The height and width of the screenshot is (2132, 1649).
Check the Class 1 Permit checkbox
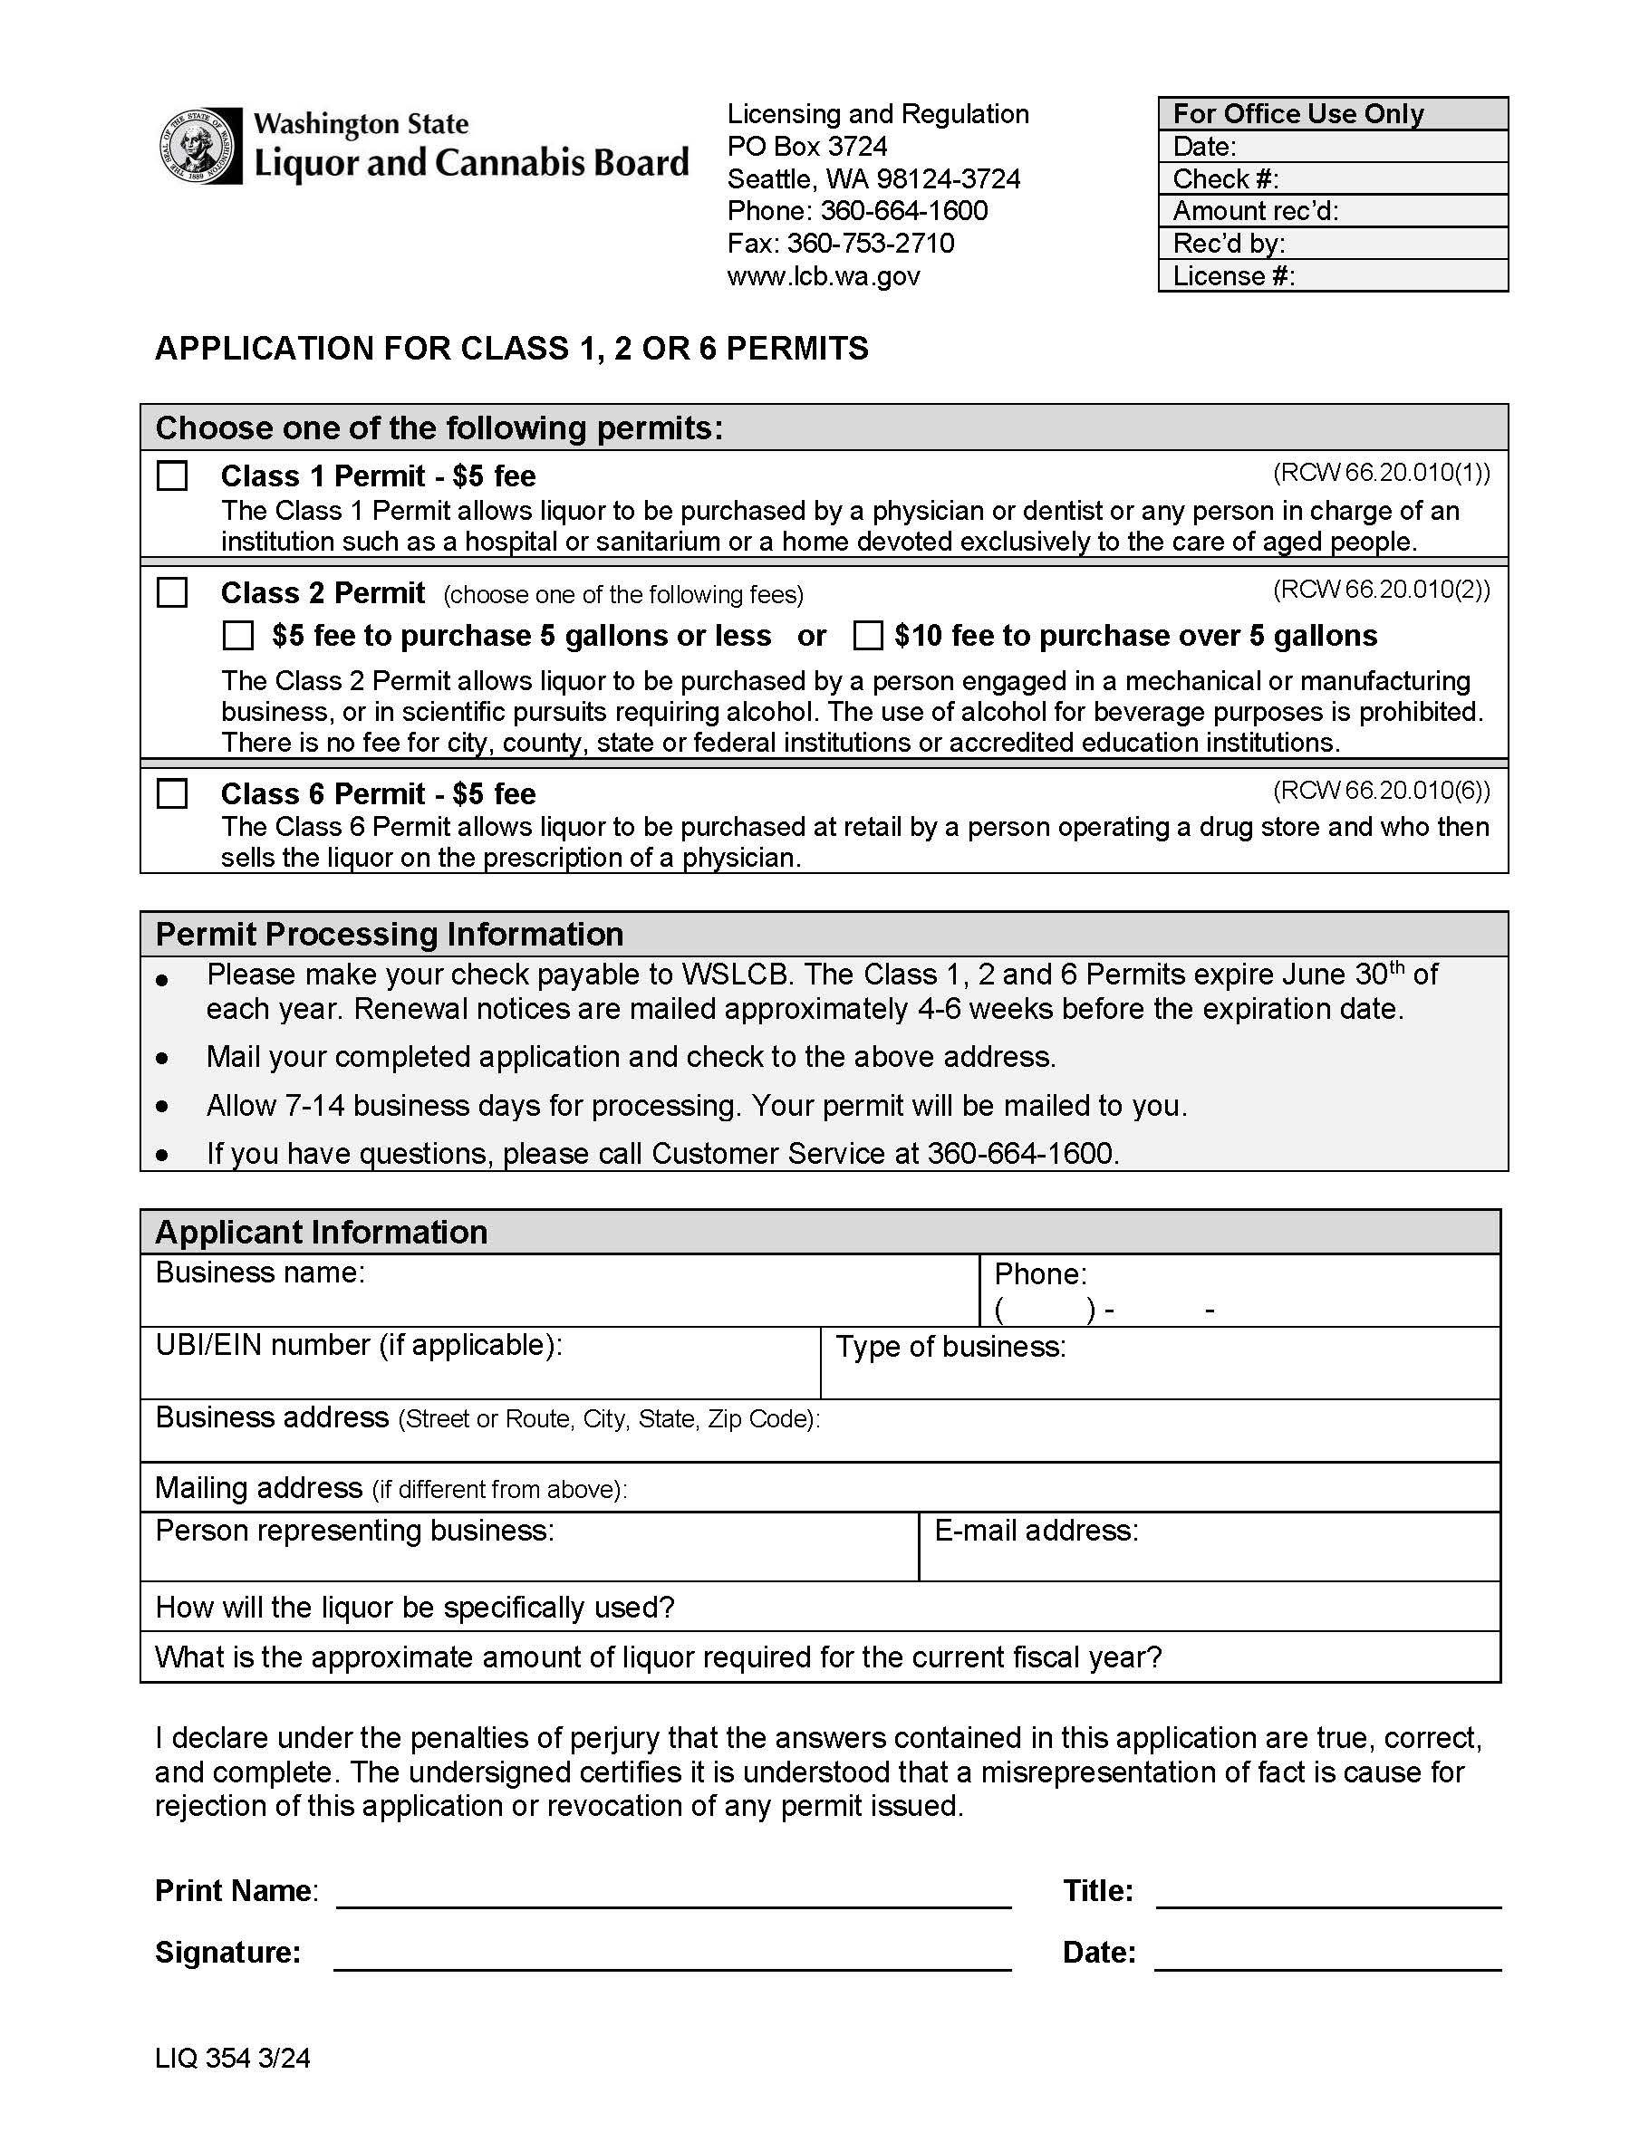172,476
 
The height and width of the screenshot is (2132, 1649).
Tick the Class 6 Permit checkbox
172,793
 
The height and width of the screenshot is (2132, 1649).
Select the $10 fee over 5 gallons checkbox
867,636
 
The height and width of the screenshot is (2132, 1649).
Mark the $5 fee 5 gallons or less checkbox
237,636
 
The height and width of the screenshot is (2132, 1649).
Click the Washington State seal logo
199,147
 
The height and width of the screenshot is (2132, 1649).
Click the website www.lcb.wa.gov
823,276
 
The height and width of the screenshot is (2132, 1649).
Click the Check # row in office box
1332,178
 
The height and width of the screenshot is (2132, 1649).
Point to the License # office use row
1332,276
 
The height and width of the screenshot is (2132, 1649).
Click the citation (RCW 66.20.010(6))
1381,790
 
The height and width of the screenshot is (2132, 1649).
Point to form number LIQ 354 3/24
232,2059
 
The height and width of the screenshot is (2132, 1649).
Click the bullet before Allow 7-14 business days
162,1107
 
